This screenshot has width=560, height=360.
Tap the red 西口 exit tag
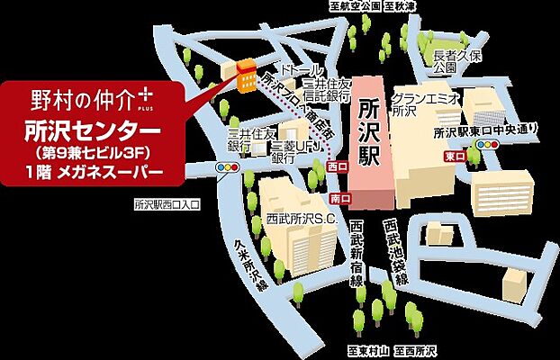coord(339,166)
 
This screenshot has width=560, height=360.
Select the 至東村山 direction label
coord(367,349)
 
